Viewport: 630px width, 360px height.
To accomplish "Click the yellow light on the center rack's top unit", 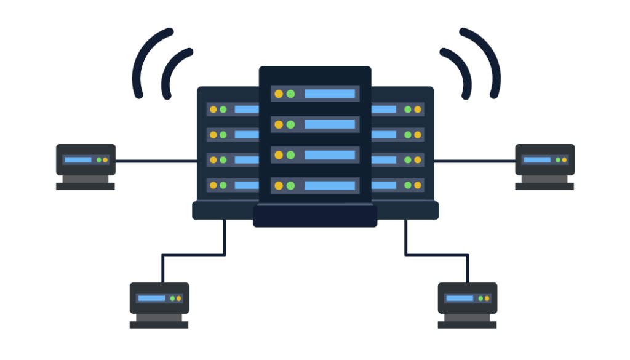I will point(279,94).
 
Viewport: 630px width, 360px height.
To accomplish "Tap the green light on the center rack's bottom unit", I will point(290,185).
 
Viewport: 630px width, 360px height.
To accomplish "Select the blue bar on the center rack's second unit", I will point(330,124).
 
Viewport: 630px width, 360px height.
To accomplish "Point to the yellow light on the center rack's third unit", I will point(279,154).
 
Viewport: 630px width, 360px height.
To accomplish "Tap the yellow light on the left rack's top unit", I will point(213,110).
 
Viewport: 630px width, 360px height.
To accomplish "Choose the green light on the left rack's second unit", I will point(223,135).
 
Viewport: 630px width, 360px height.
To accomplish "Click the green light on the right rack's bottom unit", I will point(408,185).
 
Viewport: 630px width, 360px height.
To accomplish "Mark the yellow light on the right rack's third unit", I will point(418,160).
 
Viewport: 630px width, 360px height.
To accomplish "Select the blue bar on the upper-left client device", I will point(78,160).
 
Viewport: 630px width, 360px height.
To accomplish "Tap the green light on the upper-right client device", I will point(558,160).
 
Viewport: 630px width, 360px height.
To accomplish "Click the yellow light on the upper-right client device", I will point(565,160).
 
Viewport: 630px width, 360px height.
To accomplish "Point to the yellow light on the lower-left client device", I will point(179,298).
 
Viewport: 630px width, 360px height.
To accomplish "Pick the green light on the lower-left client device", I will point(172,298).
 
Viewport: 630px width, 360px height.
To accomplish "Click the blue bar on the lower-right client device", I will point(460,298).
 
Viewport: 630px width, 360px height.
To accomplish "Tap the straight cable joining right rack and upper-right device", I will point(474,161).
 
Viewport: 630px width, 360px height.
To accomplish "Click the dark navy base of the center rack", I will point(315,216).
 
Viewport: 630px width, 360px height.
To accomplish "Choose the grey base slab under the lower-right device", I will point(467,324).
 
